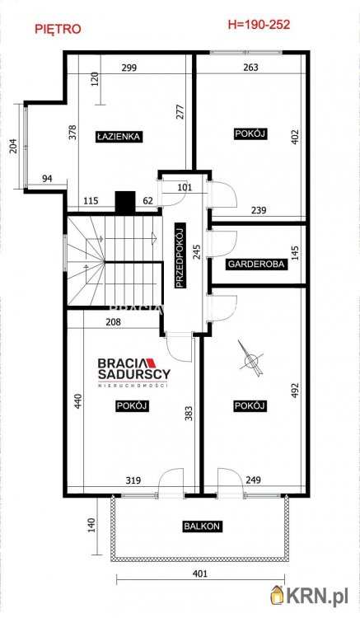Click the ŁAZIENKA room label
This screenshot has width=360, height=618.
(x=119, y=136)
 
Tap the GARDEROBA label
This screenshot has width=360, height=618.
(x=256, y=264)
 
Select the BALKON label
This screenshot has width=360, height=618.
(x=202, y=526)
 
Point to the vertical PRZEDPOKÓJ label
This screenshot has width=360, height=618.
(x=180, y=255)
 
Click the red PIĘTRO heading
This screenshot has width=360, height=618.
(x=58, y=29)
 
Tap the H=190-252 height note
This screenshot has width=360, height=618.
(x=259, y=25)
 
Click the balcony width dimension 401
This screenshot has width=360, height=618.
(x=200, y=574)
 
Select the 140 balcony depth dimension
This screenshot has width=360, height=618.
(x=91, y=525)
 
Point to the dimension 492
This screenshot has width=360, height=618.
(x=297, y=391)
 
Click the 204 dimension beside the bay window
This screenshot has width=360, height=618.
(x=13, y=146)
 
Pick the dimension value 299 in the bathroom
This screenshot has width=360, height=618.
(x=129, y=68)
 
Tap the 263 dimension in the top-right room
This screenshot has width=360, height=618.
(x=251, y=68)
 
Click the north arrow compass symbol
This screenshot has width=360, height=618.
(x=250, y=358)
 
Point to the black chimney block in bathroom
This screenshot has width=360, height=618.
(x=125, y=202)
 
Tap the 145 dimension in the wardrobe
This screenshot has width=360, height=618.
(x=297, y=253)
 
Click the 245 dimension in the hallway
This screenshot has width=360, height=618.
(x=197, y=252)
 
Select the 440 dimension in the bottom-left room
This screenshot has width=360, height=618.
(x=78, y=400)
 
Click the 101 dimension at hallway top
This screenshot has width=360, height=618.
(x=185, y=187)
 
